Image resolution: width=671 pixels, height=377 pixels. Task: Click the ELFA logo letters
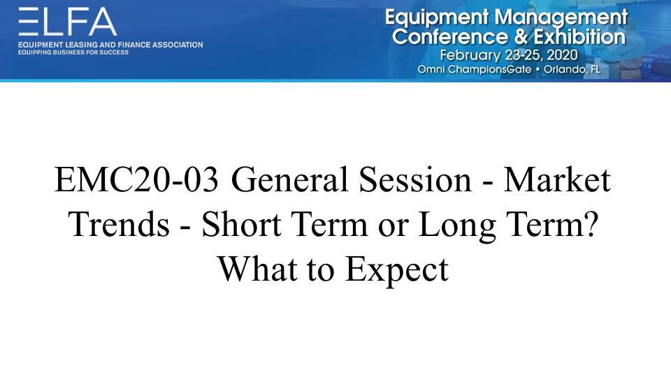click(x=68, y=22)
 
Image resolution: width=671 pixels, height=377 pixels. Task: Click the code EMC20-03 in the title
click(x=136, y=180)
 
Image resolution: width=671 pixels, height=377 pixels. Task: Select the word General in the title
click(x=289, y=180)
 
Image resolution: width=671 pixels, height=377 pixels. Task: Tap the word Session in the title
click(x=415, y=180)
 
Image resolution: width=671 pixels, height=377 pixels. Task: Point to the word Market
click(x=557, y=180)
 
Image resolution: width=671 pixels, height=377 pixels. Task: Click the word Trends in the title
click(x=119, y=224)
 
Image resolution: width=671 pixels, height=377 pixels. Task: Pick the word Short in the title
click(x=242, y=224)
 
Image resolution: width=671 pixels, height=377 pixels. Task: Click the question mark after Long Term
click(x=591, y=224)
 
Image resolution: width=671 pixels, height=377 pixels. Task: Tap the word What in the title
click(x=258, y=269)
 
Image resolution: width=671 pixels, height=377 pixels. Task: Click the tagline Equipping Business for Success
click(x=73, y=52)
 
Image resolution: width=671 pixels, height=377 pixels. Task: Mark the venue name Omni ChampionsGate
click(x=475, y=70)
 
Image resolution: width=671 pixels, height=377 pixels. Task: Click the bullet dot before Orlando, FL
click(x=537, y=69)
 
